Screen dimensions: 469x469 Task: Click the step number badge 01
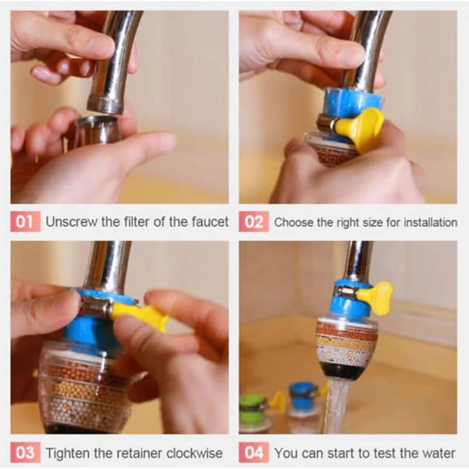pyautogui.click(x=25, y=222)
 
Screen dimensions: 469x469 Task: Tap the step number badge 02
pyautogui.click(x=254, y=222)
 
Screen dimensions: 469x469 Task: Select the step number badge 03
pyautogui.click(x=25, y=453)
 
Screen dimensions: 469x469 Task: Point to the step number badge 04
pyautogui.click(x=254, y=453)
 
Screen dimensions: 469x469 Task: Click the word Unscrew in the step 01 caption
pyautogui.click(x=72, y=222)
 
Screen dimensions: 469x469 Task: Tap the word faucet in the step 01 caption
pyautogui.click(x=210, y=222)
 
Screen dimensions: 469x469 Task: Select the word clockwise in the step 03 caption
pyautogui.click(x=195, y=453)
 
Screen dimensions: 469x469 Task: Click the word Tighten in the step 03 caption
pyautogui.click(x=68, y=453)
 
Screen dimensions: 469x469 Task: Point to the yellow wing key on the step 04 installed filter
pyautogui.click(x=379, y=297)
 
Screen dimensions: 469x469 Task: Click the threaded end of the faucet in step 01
pyautogui.click(x=106, y=106)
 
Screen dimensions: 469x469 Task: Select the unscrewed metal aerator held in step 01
pyautogui.click(x=96, y=130)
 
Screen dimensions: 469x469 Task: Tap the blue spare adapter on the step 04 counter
pyautogui.click(x=301, y=394)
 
